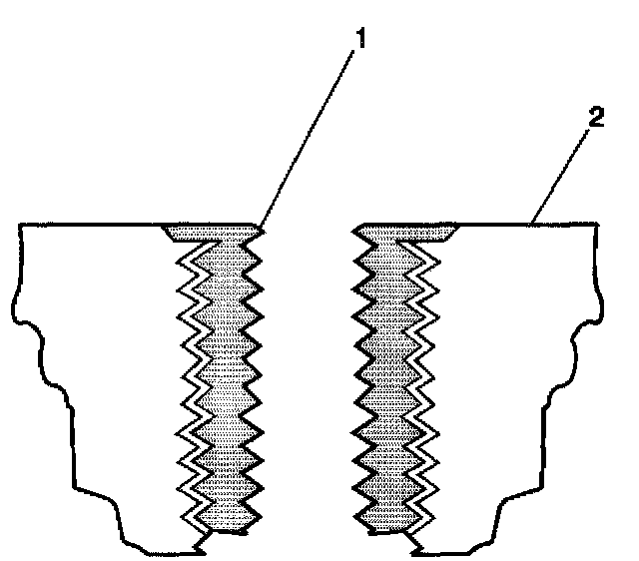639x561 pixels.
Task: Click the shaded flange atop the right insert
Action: point(419,233)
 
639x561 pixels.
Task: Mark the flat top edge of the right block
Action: point(529,226)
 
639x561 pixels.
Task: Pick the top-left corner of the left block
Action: point(21,227)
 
